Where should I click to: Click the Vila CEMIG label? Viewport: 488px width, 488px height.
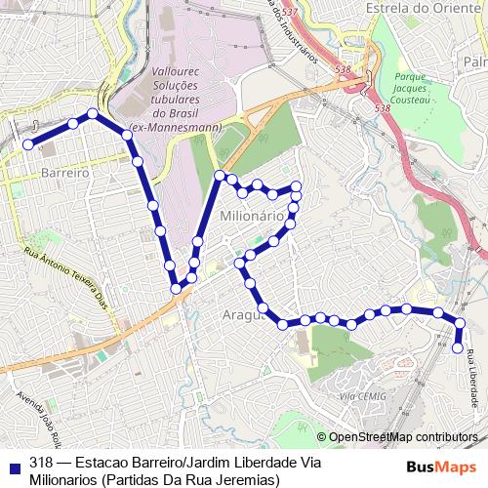click(362, 395)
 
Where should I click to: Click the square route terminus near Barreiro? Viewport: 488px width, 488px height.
click(28, 144)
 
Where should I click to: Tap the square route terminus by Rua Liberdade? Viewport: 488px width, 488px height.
click(458, 346)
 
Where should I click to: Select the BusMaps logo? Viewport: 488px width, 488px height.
click(442, 465)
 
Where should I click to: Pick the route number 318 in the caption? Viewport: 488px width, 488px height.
click(41, 463)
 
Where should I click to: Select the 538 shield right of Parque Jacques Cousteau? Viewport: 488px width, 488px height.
click(382, 107)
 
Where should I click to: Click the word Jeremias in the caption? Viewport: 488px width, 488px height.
click(248, 479)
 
